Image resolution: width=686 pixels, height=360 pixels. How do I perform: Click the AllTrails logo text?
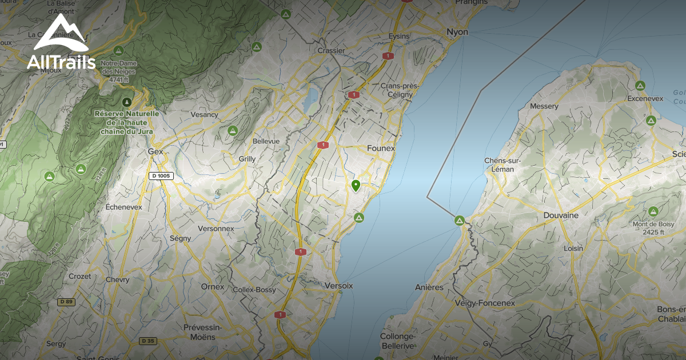[x=61, y=62]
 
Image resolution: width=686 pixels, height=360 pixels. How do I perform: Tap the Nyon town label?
[x=457, y=32]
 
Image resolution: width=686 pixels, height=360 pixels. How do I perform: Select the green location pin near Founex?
[x=356, y=186]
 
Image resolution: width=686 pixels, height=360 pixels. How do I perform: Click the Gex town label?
[x=155, y=152]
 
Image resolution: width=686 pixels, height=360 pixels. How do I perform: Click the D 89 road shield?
[x=66, y=301]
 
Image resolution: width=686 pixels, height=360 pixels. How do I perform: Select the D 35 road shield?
[x=147, y=341]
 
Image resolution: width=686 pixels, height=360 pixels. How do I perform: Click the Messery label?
[x=544, y=106]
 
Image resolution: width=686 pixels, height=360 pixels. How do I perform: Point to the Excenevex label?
[x=644, y=98]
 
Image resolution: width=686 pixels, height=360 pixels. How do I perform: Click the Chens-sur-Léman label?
[x=503, y=165]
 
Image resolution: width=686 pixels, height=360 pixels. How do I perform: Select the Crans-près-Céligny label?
[x=399, y=90]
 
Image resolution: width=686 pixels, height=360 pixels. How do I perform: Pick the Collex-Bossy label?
[x=254, y=290]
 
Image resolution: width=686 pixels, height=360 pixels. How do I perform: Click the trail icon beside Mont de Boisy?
[x=653, y=211]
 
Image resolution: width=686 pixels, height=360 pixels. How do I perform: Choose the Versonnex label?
[x=216, y=229]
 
